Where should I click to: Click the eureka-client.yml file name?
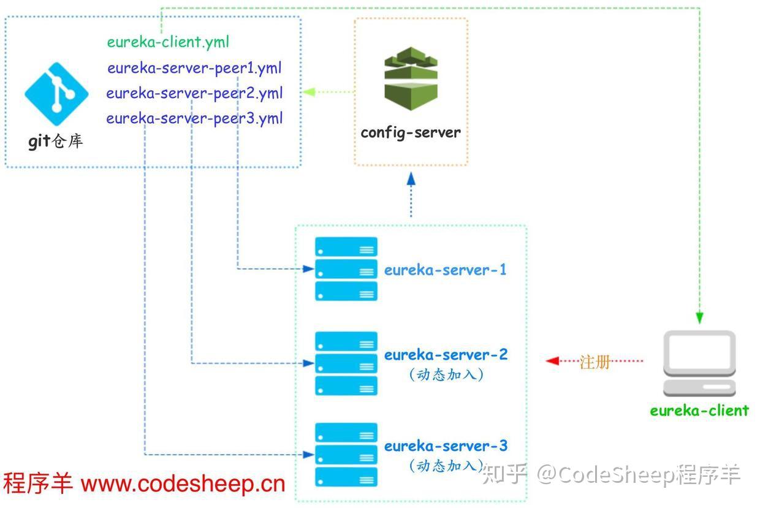coord(168,42)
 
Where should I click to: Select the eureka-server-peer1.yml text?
coord(194,68)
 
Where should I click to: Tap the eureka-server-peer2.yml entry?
coord(194,93)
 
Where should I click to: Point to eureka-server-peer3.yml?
coord(194,118)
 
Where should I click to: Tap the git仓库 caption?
coord(55,142)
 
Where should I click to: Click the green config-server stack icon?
coord(411,82)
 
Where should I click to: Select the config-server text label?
coord(410,132)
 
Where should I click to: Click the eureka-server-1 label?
coord(445,270)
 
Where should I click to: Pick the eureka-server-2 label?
coord(446,355)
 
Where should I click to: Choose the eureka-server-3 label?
coord(446,446)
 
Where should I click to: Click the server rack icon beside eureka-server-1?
coord(346,269)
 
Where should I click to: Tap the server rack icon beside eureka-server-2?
coord(346,363)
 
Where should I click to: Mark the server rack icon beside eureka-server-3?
coord(346,455)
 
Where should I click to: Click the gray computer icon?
coord(699,363)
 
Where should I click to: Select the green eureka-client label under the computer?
coord(699,411)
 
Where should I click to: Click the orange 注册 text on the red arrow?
coord(595,362)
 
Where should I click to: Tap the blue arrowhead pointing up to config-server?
coord(411,179)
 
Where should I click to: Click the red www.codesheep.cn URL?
coord(183,483)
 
